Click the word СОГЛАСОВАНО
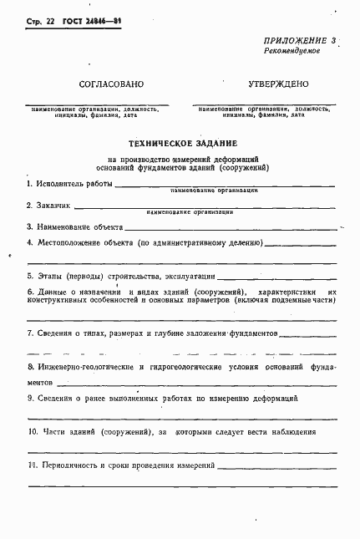click(x=111, y=84)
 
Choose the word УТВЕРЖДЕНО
click(x=279, y=84)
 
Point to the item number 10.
click(x=33, y=432)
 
